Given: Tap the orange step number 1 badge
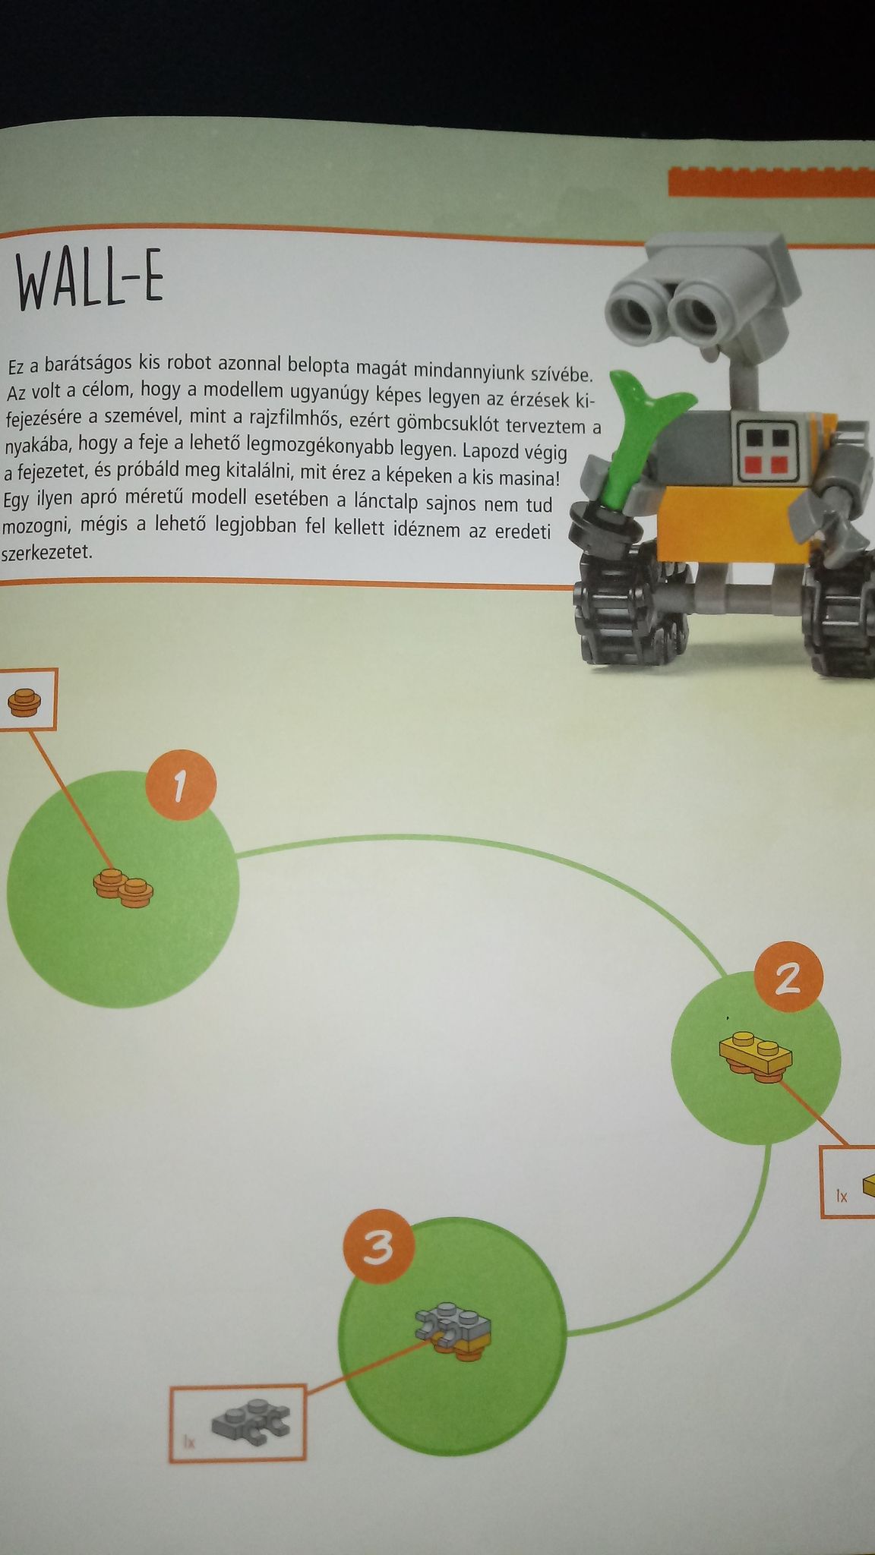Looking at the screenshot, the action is (181, 787).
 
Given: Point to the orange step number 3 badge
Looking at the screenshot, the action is (378, 1248).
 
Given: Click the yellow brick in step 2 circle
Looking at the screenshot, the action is (756, 1055).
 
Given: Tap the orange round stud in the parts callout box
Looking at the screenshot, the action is (23, 702).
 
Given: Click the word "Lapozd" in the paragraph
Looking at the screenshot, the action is (495, 450).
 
